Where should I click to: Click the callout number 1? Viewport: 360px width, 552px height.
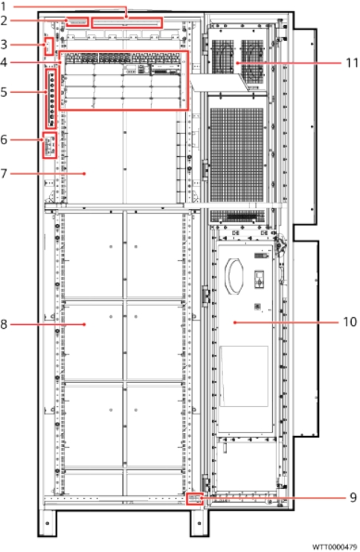[x=3, y=7]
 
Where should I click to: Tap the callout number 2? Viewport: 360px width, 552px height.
[x=4, y=20]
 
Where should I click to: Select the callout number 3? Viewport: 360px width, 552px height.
[x=4, y=45]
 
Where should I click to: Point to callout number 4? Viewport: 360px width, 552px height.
[x=4, y=62]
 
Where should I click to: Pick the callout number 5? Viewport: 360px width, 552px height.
[x=4, y=92]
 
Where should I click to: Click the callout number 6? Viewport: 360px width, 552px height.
[x=4, y=140]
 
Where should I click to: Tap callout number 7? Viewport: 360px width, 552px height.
[x=4, y=173]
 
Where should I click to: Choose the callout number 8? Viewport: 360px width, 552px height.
[x=4, y=324]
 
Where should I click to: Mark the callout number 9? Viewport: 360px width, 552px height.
[x=353, y=498]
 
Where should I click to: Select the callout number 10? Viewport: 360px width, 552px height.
[x=350, y=322]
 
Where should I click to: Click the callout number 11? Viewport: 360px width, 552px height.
[x=352, y=63]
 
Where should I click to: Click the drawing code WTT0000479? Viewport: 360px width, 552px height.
[x=334, y=547]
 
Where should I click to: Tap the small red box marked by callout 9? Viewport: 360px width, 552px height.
[x=195, y=498]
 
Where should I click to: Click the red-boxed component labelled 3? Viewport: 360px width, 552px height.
[x=49, y=46]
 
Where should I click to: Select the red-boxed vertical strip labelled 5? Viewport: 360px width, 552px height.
[x=51, y=98]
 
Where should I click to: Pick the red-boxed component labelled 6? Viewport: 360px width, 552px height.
[x=49, y=144]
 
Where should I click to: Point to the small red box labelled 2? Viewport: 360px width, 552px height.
[x=77, y=22]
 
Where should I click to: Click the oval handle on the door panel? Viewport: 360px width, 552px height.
[x=235, y=276]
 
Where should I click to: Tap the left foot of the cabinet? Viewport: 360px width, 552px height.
[x=47, y=523]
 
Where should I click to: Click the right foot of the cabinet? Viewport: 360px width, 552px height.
[x=199, y=523]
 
